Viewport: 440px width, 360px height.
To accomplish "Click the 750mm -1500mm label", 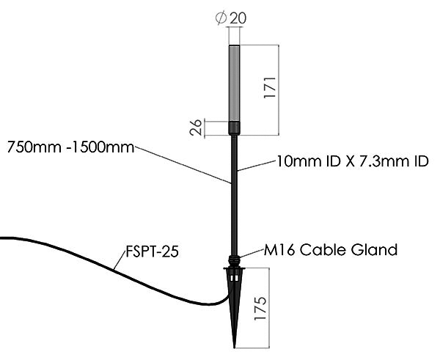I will (x=70, y=147).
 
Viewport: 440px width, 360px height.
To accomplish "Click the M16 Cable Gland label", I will (x=331, y=249).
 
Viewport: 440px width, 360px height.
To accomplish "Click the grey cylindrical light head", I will (x=235, y=84).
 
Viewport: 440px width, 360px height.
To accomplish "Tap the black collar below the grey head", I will (x=235, y=128).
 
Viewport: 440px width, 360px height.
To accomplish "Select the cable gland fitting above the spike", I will (x=235, y=260).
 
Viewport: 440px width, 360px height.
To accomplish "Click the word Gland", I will (x=373, y=249).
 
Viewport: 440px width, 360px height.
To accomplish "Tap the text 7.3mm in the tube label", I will (x=380, y=160).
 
